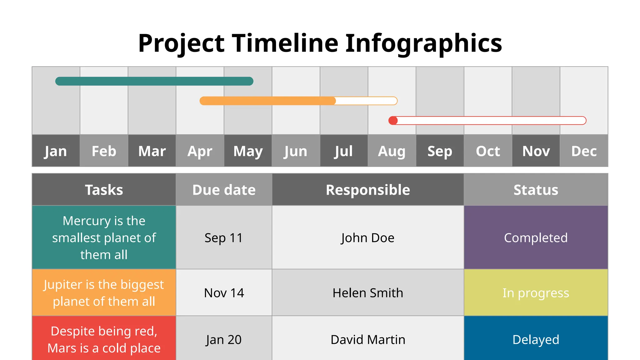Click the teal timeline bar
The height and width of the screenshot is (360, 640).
tap(154, 81)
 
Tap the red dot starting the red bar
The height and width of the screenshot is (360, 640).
tap(393, 121)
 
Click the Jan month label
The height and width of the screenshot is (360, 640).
tap(56, 151)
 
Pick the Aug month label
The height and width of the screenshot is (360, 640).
tap(392, 151)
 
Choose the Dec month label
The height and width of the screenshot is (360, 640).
tap(584, 151)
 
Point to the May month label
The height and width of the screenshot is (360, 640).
tap(248, 151)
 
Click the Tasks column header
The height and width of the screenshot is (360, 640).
tap(104, 190)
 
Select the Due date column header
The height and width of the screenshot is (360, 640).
tap(224, 190)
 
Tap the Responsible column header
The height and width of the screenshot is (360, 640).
tap(368, 190)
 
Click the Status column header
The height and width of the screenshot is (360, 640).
tap(536, 190)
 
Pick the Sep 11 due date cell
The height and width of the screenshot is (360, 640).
tap(224, 238)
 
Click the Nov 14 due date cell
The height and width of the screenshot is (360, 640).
tap(224, 293)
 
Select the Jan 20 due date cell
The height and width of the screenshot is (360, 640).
tap(224, 339)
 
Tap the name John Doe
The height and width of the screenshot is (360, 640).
tap(368, 238)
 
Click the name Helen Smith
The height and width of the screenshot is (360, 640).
tap(368, 293)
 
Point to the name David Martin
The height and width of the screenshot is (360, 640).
tap(368, 339)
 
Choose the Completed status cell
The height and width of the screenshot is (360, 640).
tap(536, 238)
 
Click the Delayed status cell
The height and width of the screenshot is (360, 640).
tap(536, 339)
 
